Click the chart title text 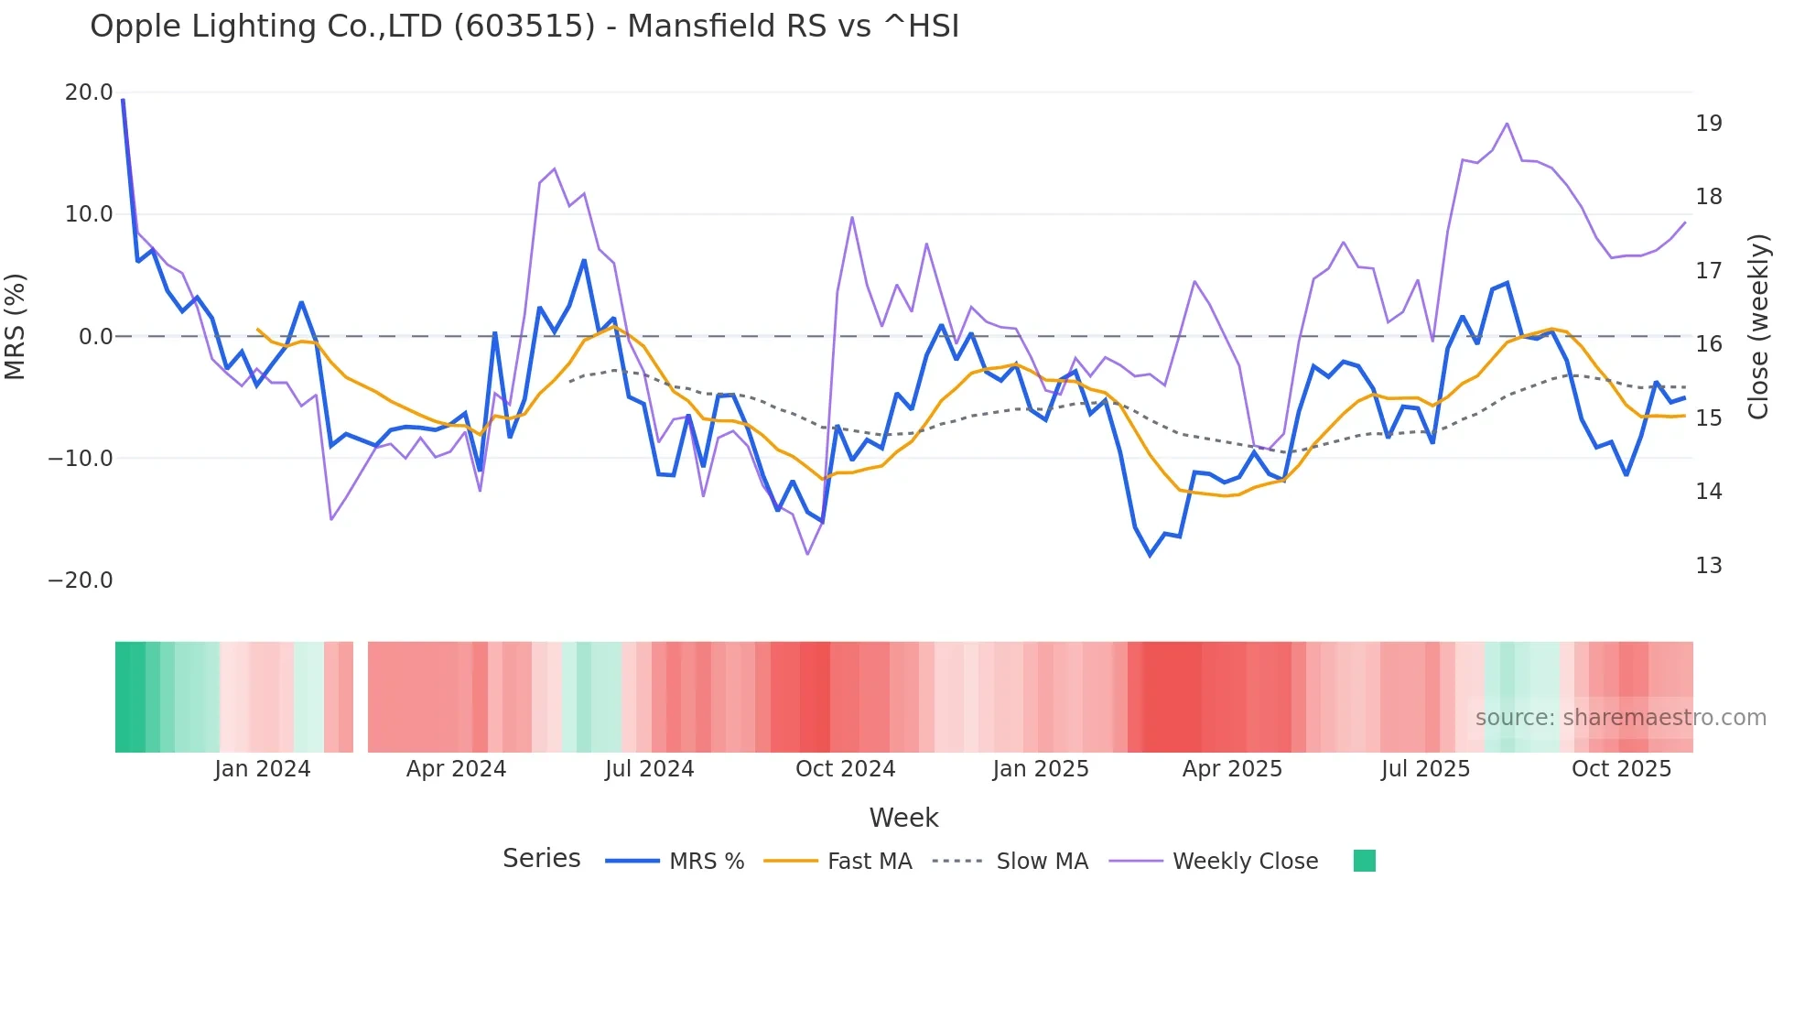click(x=524, y=27)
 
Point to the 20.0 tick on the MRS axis click(x=89, y=92)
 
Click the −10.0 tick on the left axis click(x=81, y=459)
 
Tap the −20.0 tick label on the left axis click(x=81, y=580)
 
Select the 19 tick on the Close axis click(x=1708, y=124)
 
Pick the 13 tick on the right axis click(x=1708, y=566)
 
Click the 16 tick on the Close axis click(x=1708, y=344)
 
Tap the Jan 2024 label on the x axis click(x=263, y=769)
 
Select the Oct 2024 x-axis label click(x=845, y=769)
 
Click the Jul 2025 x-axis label click(x=1425, y=769)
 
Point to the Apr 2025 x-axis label click(x=1232, y=769)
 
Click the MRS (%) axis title click(x=16, y=327)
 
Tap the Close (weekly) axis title click(x=1758, y=327)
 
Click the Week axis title click(x=903, y=818)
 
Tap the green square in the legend click(x=1364, y=861)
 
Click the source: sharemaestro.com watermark click(x=1620, y=718)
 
